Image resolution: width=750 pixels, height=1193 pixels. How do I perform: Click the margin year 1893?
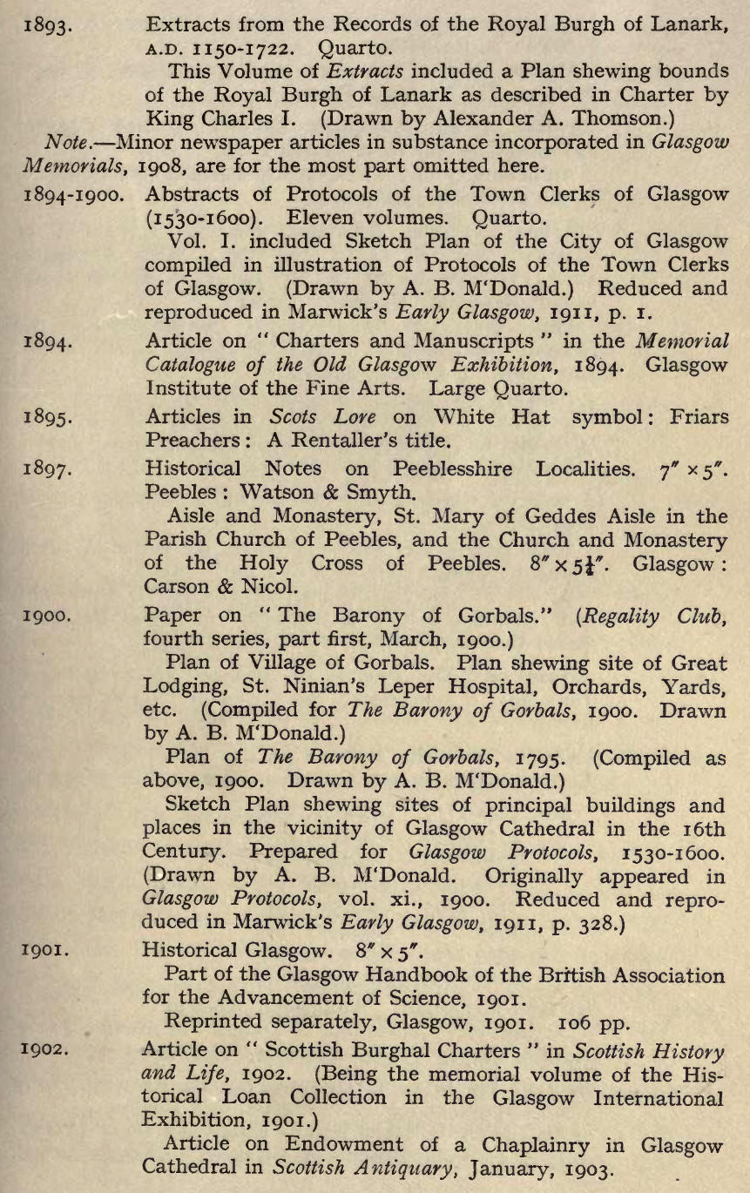43,26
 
